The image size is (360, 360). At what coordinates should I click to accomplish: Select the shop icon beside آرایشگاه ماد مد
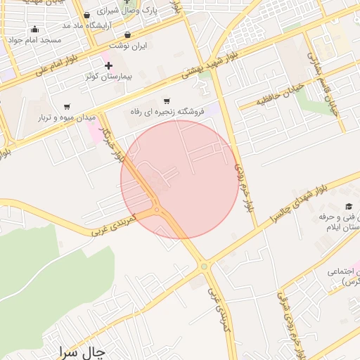[x=86, y=15]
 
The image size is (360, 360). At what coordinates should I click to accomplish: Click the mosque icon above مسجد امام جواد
[x=35, y=30]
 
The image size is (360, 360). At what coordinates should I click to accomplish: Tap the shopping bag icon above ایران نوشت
[x=127, y=34]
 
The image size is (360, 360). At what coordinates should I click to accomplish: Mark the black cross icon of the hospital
[x=108, y=65]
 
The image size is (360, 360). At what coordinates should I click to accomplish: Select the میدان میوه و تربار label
[x=69, y=117]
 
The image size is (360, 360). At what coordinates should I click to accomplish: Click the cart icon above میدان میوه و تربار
[x=67, y=107]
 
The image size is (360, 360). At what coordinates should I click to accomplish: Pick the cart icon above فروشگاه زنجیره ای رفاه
[x=167, y=101]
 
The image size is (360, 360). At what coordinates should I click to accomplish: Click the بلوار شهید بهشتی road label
[x=212, y=62]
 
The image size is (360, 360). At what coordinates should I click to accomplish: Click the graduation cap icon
[x=349, y=206]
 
